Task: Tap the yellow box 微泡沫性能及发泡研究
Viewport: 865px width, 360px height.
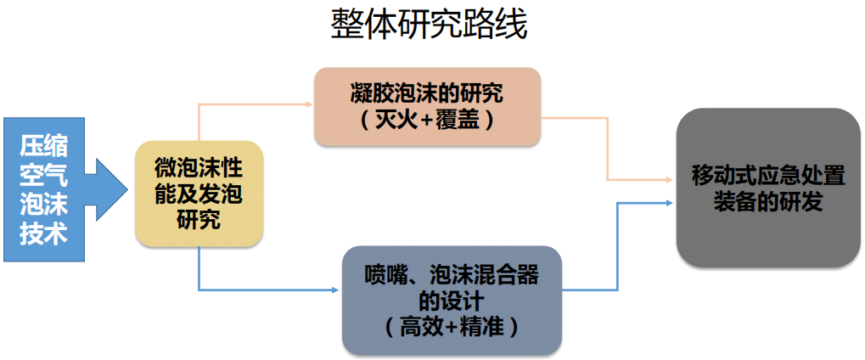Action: click(x=199, y=194)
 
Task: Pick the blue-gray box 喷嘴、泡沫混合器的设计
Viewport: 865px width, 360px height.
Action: click(x=452, y=300)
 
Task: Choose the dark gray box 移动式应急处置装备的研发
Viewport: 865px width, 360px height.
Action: click(x=768, y=188)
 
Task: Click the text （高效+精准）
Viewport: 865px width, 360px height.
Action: click(x=452, y=327)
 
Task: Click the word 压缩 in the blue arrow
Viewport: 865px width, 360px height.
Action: click(x=43, y=143)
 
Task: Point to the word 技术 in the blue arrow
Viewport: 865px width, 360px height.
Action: click(x=43, y=234)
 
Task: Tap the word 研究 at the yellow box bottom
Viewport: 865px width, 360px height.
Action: click(x=199, y=221)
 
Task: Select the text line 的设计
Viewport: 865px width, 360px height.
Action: click(x=452, y=301)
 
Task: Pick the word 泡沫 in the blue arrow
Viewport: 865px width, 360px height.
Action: click(x=43, y=205)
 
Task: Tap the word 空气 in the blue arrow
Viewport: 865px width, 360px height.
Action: click(x=43, y=174)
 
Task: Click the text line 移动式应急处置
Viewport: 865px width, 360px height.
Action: click(x=768, y=176)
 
